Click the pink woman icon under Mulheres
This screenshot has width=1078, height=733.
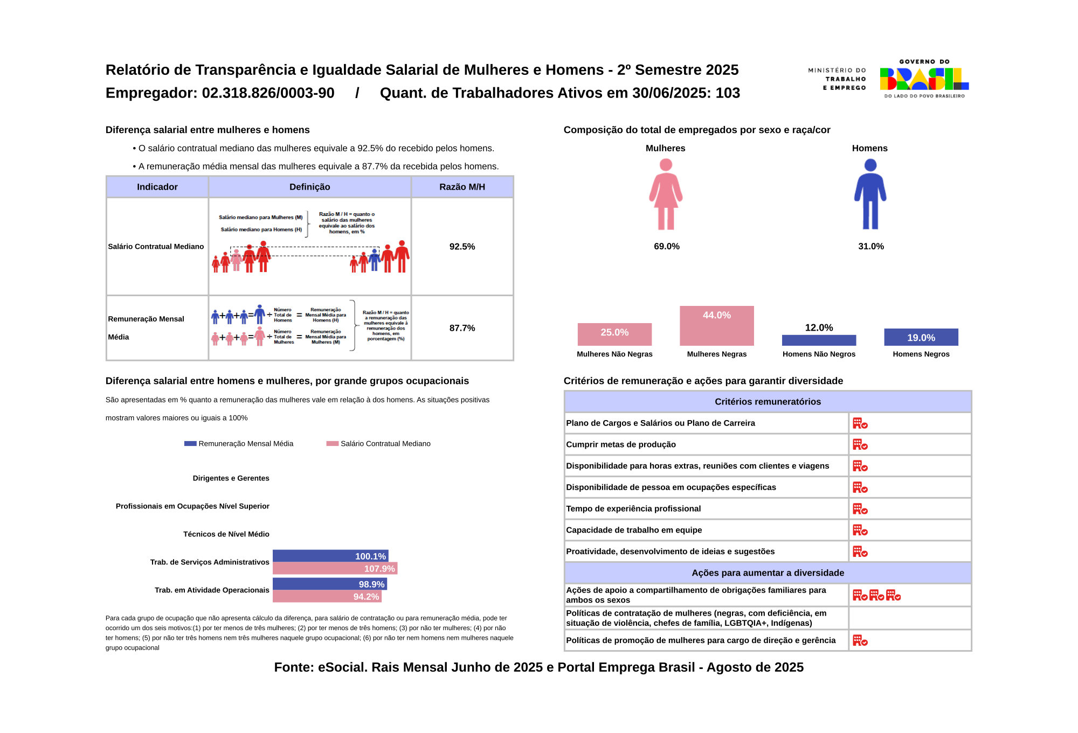[666, 194]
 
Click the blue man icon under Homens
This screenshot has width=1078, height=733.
[870, 194]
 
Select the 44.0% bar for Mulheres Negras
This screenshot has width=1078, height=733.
[716, 326]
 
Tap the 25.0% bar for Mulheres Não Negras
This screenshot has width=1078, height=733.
[614, 334]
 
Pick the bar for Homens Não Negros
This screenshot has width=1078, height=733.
[819, 340]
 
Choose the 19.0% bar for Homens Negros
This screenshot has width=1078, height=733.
[921, 337]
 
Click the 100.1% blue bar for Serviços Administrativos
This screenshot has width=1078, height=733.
[330, 556]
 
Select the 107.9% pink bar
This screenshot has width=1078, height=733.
[335, 569]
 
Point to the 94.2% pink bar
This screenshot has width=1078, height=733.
[327, 597]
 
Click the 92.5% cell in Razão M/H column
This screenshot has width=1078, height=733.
[462, 247]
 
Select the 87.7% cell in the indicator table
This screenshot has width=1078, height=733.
[462, 328]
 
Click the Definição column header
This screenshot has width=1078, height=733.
[309, 187]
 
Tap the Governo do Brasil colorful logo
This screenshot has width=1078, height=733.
[924, 79]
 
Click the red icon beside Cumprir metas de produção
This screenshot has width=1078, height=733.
[860, 445]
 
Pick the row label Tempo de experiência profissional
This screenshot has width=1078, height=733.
[633, 509]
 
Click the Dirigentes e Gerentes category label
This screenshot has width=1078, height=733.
[231, 478]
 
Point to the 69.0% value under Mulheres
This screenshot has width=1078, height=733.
[666, 247]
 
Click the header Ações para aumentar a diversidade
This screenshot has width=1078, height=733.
[768, 573]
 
